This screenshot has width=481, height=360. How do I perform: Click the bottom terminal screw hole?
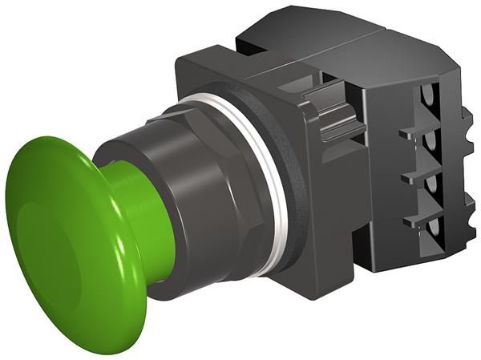point(434,233)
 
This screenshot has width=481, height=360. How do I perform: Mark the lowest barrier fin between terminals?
point(417,216)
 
